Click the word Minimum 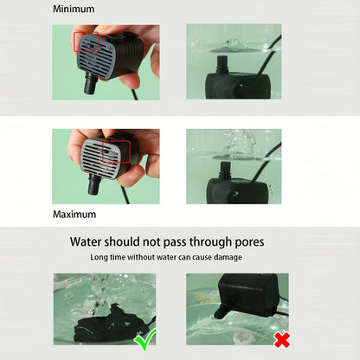pos(74,9)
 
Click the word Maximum pos(74,215)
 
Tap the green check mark pos(145,338)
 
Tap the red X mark pos(282,339)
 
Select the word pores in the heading pos(249,242)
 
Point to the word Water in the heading pos(86,241)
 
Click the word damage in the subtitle pos(228,257)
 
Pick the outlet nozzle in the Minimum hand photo pos(91,83)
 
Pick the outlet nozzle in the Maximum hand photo pos(94,184)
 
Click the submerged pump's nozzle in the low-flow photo pos(222,65)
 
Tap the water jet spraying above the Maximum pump pos(240,143)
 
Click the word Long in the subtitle pos(97,257)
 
